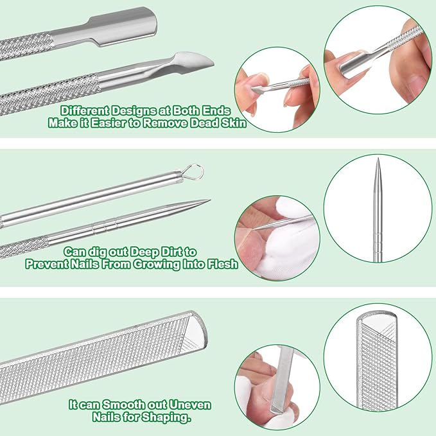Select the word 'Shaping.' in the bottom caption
point(162,417)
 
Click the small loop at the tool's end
point(196,171)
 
